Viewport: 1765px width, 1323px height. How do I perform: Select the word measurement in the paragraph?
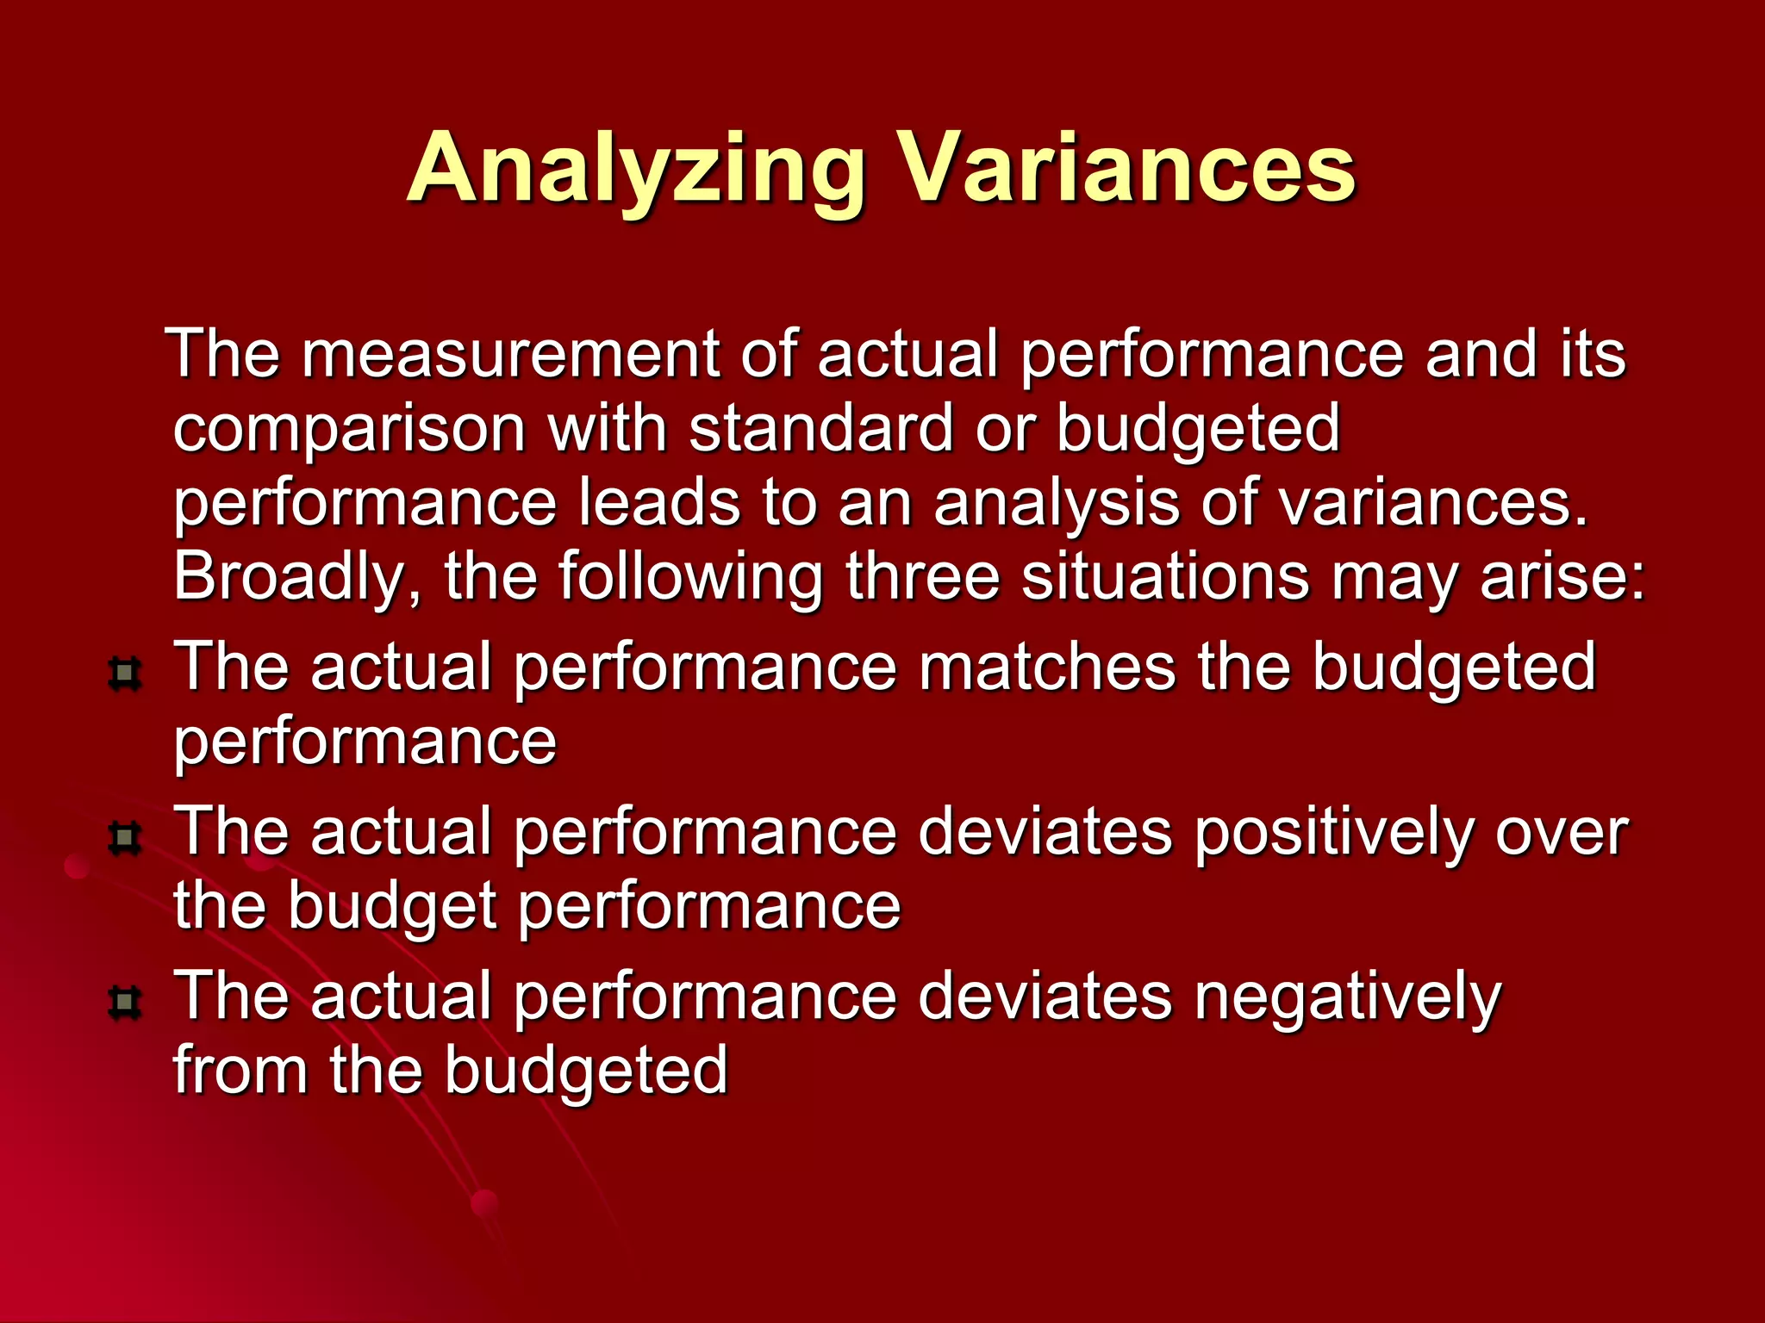point(510,354)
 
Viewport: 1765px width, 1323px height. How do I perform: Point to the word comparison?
point(349,429)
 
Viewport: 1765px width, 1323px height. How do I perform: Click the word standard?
point(821,427)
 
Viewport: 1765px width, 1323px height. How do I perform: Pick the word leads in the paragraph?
point(659,502)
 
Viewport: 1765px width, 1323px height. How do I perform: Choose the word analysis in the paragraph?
point(1057,504)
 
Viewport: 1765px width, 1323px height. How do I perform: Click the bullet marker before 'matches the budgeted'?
point(126,673)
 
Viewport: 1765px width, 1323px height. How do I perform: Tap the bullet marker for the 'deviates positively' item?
point(126,837)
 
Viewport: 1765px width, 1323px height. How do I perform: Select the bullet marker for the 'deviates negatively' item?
point(126,1002)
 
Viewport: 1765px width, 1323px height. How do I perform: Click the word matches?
point(1046,668)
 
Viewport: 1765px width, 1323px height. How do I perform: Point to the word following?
point(690,577)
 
